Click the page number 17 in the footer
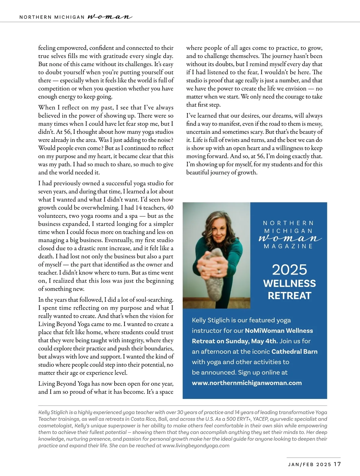(337, 464)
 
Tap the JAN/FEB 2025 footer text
(309, 464)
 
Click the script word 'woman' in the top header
(109, 17)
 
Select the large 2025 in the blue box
(289, 269)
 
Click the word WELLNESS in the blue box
(289, 283)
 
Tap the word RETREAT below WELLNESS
(289, 296)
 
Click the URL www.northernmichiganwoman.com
(247, 383)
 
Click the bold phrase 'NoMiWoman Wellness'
(279, 331)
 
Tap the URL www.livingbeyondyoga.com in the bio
(196, 445)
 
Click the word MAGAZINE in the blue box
(288, 246)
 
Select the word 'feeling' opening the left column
(47, 48)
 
